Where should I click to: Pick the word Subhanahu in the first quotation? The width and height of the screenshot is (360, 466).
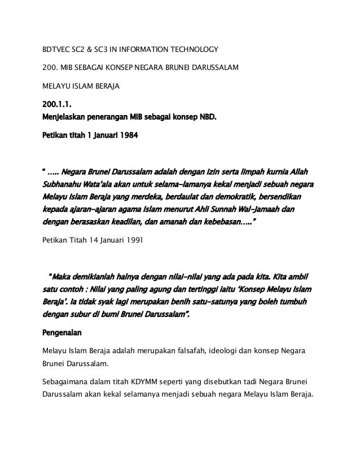click(63, 184)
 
